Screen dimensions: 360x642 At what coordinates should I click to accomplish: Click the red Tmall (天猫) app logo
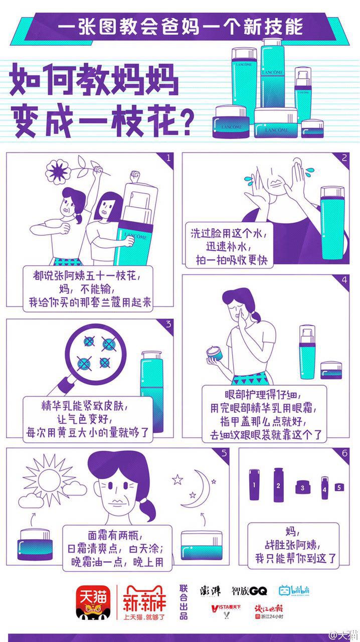(93, 601)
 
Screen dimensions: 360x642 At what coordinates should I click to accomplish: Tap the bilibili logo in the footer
(294, 590)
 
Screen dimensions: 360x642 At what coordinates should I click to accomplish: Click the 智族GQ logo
(249, 590)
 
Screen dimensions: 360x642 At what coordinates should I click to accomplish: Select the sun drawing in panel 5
(49, 479)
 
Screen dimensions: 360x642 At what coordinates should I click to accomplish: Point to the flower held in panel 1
(58, 172)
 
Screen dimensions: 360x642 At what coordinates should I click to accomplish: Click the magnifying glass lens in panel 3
(96, 354)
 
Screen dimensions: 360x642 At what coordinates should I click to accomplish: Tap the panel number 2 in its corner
(344, 157)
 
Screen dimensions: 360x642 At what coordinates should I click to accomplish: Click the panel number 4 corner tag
(344, 279)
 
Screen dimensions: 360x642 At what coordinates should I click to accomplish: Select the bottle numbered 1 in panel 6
(254, 485)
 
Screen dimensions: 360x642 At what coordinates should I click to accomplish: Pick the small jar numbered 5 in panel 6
(339, 487)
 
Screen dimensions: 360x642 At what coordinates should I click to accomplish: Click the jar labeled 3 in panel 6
(303, 487)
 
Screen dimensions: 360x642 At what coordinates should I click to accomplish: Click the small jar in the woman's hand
(215, 353)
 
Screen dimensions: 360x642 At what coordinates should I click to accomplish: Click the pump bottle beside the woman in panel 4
(307, 352)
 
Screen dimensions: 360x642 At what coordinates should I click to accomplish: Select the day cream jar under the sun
(35, 545)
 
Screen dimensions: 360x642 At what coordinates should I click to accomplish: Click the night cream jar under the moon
(202, 546)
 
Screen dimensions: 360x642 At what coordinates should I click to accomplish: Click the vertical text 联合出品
(184, 602)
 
